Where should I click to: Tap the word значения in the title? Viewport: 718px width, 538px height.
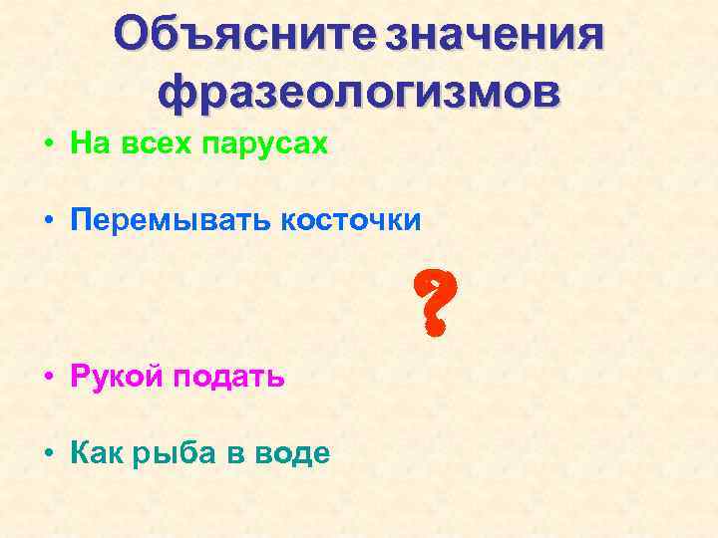496,36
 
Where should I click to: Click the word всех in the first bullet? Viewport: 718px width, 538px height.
158,145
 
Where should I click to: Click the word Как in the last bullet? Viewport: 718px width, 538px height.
96,453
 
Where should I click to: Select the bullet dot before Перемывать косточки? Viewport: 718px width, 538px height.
48,222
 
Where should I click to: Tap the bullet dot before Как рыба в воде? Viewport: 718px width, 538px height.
48,454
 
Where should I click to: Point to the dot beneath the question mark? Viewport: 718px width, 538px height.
432,325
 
